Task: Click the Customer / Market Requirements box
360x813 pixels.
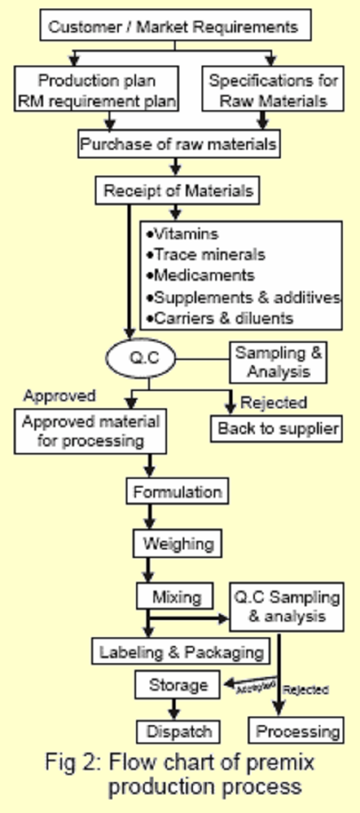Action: pos(173,28)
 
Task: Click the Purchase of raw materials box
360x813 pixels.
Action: pos(178,144)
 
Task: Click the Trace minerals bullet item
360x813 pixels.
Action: pos(205,255)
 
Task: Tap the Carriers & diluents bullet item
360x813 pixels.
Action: pos(217,318)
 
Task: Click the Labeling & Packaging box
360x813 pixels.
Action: pos(181,652)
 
